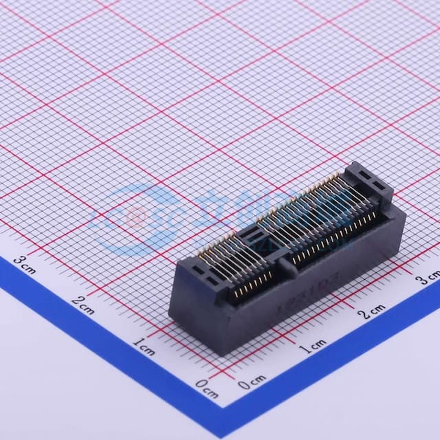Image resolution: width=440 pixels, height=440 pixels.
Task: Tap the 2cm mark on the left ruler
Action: (83, 304)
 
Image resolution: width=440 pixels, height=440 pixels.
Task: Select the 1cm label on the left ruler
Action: (144, 346)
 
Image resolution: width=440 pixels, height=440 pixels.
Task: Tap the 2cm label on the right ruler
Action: (371, 311)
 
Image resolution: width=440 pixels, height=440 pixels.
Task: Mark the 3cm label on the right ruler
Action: (428, 279)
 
